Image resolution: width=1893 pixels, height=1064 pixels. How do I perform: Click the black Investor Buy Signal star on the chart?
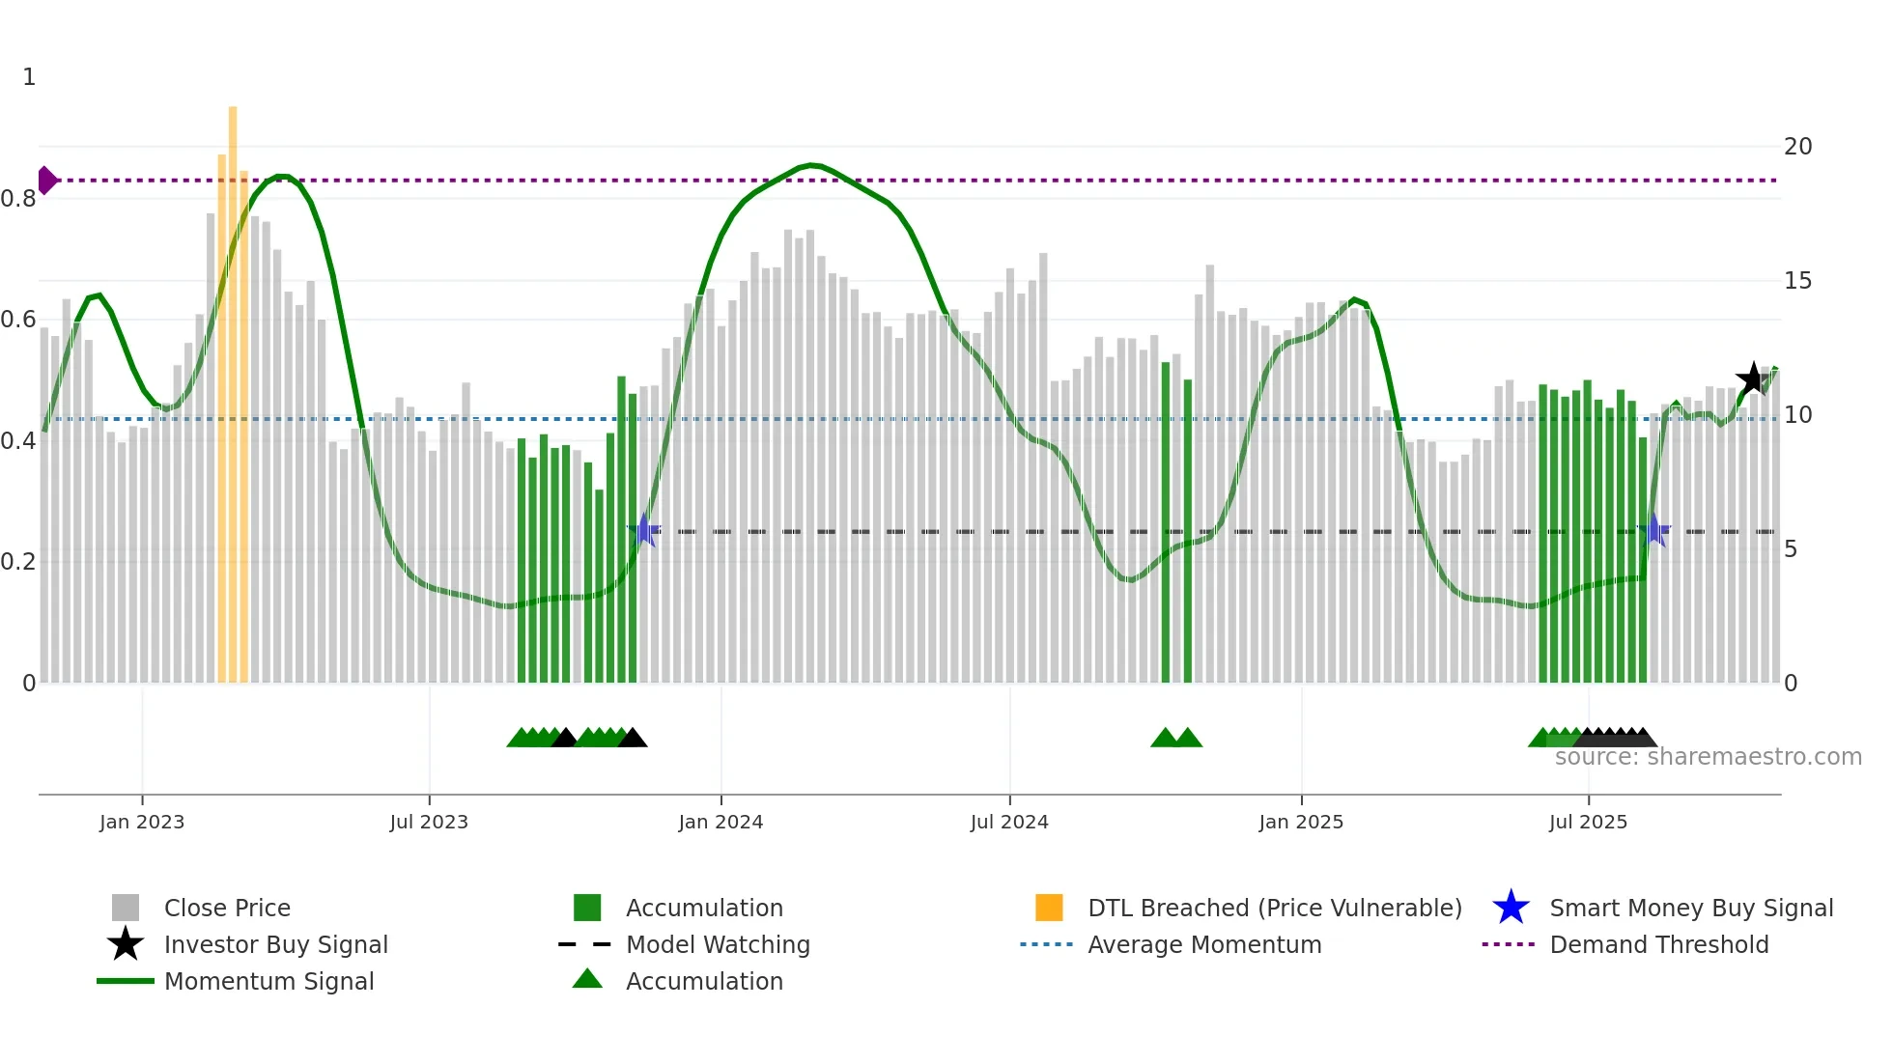click(x=1752, y=378)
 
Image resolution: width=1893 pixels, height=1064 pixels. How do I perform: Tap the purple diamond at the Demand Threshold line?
click(x=46, y=181)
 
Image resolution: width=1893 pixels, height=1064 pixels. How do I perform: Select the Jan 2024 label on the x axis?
click(x=720, y=823)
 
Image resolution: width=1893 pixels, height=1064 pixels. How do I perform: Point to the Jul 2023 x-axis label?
click(x=429, y=823)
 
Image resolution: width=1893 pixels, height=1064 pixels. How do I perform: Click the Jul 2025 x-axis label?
click(x=1588, y=823)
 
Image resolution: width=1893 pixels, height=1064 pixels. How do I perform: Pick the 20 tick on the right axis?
click(x=1797, y=147)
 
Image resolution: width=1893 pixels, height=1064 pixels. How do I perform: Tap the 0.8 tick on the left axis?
click(x=18, y=199)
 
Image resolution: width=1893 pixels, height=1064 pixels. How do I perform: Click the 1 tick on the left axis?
click(x=29, y=77)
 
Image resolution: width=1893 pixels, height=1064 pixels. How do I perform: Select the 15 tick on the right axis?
click(x=1797, y=281)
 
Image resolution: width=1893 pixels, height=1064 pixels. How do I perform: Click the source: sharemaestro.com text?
click(x=1708, y=757)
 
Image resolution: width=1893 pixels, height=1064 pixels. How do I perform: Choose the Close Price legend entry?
click(x=227, y=909)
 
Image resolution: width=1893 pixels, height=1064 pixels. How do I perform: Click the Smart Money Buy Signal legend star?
click(x=1511, y=908)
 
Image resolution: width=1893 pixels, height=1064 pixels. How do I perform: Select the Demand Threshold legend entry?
click(x=1658, y=945)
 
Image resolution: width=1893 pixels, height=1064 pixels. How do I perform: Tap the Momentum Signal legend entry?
click(x=268, y=982)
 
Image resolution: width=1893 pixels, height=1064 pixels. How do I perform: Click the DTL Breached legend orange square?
click(x=1049, y=908)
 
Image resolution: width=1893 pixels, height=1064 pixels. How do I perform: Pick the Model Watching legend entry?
click(x=718, y=945)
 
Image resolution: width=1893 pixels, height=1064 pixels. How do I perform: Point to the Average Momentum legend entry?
click(x=1203, y=945)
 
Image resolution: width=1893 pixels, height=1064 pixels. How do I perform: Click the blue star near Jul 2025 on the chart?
click(x=1653, y=530)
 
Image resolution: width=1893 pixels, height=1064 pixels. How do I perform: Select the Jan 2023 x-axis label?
click(x=142, y=823)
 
